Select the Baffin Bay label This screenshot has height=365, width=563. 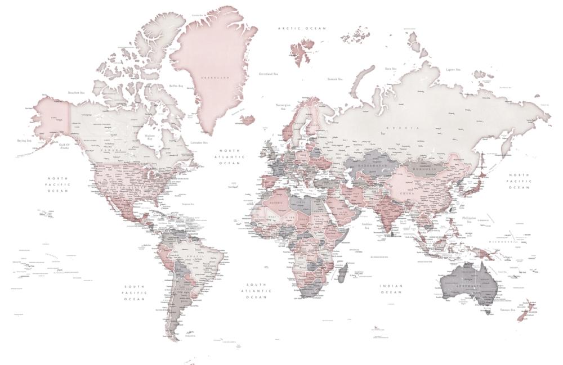click(x=176, y=86)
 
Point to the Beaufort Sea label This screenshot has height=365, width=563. click(x=76, y=93)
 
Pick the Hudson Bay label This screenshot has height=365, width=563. click(x=149, y=137)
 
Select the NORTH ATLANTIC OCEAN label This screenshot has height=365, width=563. click(x=229, y=157)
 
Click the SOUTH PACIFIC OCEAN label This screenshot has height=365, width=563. click(x=135, y=292)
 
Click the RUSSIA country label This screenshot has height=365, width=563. click(x=409, y=128)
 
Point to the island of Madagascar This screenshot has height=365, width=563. click(x=341, y=274)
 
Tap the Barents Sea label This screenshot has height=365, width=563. click(x=336, y=79)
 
